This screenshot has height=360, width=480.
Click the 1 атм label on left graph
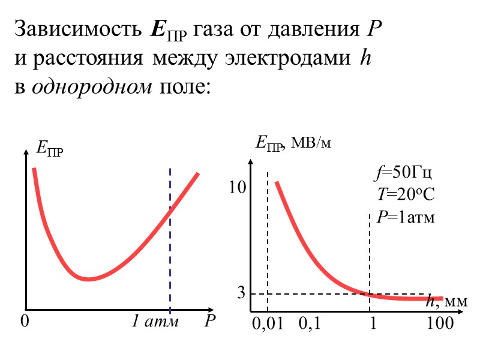pos(155,322)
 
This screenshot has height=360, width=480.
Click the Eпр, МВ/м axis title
pos(293,143)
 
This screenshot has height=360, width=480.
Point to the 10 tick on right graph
pos(238,188)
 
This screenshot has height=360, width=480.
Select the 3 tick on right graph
pos(241,293)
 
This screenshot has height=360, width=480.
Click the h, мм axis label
pos(446,302)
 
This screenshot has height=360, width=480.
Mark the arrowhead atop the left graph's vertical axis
pos(26,152)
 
